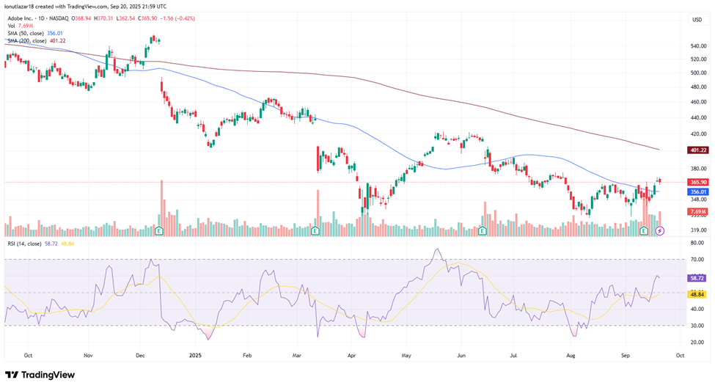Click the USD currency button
(697, 20)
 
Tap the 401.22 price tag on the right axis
(698, 150)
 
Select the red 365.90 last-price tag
(698, 182)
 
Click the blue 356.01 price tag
(698, 192)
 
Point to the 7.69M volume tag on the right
(698, 211)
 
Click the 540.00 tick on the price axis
(698, 46)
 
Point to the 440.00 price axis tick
(698, 117)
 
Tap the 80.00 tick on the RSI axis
(697, 243)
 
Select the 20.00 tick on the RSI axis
(697, 343)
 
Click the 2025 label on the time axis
(195, 355)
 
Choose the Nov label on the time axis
(89, 355)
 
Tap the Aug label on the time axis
(570, 355)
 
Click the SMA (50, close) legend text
(26, 33)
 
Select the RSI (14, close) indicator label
(24, 244)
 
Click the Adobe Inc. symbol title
(21, 18)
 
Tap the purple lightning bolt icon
(660, 231)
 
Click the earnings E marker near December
(159, 231)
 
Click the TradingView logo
(40, 375)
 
